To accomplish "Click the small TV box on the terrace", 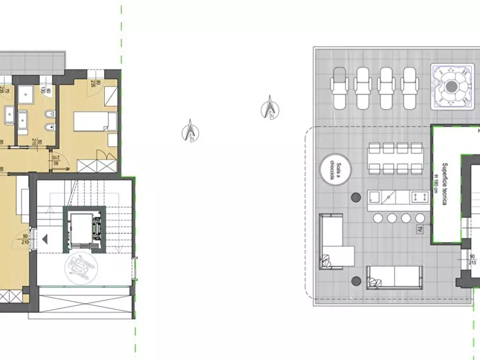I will [x=419, y=230].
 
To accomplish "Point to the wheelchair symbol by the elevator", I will [x=81, y=265].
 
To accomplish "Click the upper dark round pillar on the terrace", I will [x=355, y=197].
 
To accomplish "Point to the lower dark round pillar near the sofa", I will [x=356, y=280].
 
